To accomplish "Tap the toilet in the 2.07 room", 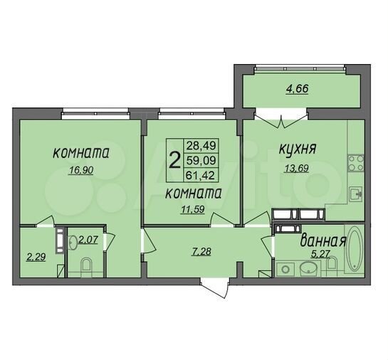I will click(86, 267).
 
